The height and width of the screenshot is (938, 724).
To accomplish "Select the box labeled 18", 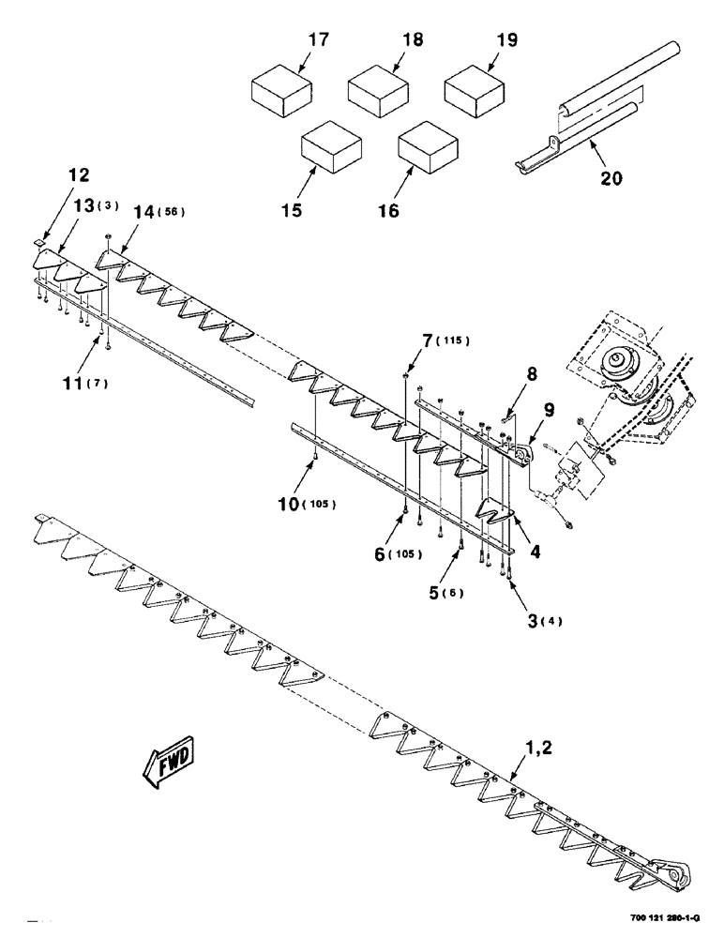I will pos(376,91).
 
